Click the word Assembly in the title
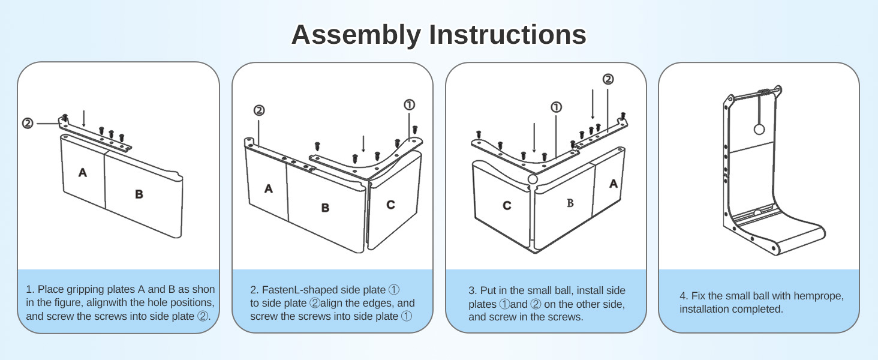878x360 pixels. pyautogui.click(x=356, y=35)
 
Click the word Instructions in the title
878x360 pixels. pyautogui.click(x=506, y=35)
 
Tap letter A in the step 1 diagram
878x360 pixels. pyautogui.click(x=83, y=173)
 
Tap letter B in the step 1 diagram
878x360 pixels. pyautogui.click(x=139, y=194)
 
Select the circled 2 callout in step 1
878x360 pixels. pyautogui.click(x=28, y=123)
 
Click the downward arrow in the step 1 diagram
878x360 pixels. pyautogui.click(x=84, y=118)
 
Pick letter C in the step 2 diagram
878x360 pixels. pyautogui.click(x=390, y=205)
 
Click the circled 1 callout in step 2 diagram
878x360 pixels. pyautogui.click(x=409, y=105)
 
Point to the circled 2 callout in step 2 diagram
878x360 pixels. pyautogui.click(x=259, y=110)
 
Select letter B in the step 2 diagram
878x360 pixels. pyautogui.click(x=325, y=208)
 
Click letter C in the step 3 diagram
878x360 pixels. pyautogui.click(x=507, y=206)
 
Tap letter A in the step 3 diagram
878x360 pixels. pyautogui.click(x=614, y=184)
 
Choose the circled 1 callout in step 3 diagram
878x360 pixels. pyautogui.click(x=556, y=107)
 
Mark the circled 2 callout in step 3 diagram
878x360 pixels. pyautogui.click(x=608, y=79)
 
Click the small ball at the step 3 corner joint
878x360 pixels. pyautogui.click(x=533, y=178)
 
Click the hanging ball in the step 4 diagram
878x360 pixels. pyautogui.click(x=759, y=129)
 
